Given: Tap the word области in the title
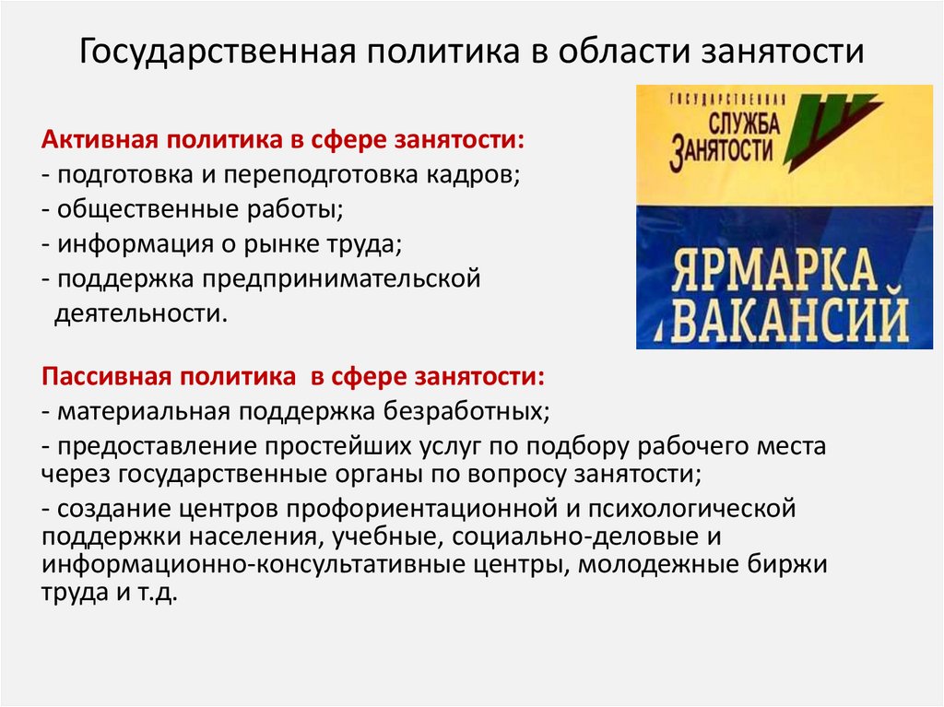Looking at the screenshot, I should (x=611, y=52).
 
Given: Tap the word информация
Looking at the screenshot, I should (x=123, y=243).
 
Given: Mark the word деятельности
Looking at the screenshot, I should (x=138, y=312).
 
